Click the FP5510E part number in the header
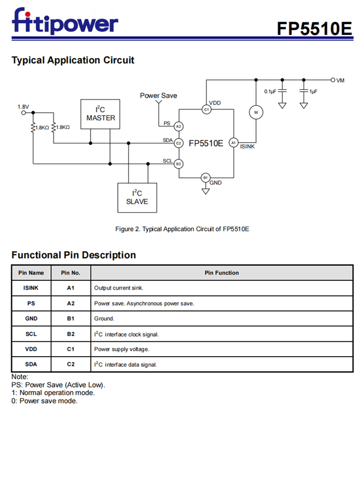point(314,28)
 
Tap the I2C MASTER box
point(100,114)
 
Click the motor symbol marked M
point(256,112)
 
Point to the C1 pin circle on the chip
point(206,110)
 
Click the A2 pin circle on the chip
point(178,126)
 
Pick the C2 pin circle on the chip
point(178,143)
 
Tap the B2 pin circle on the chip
point(178,164)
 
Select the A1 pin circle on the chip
point(233,143)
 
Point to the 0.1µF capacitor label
point(270,91)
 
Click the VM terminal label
point(340,80)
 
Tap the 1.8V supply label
point(23,106)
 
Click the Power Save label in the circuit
point(158,96)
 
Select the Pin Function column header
point(221,273)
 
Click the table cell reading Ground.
point(104,318)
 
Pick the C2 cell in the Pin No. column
point(71,364)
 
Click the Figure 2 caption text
point(182,229)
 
